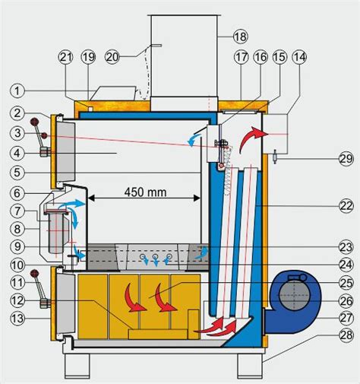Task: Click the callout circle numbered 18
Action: pos(240,36)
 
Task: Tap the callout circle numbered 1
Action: pos(17,90)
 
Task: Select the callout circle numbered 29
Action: pos(346,159)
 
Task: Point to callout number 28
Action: pos(346,335)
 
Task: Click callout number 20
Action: pos(112,57)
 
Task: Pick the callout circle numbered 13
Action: pos(17,319)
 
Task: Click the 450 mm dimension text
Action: pos(146,192)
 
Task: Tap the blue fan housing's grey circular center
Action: pos(294,295)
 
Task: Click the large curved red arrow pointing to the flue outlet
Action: pos(251,138)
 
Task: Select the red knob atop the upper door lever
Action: pos(34,122)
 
